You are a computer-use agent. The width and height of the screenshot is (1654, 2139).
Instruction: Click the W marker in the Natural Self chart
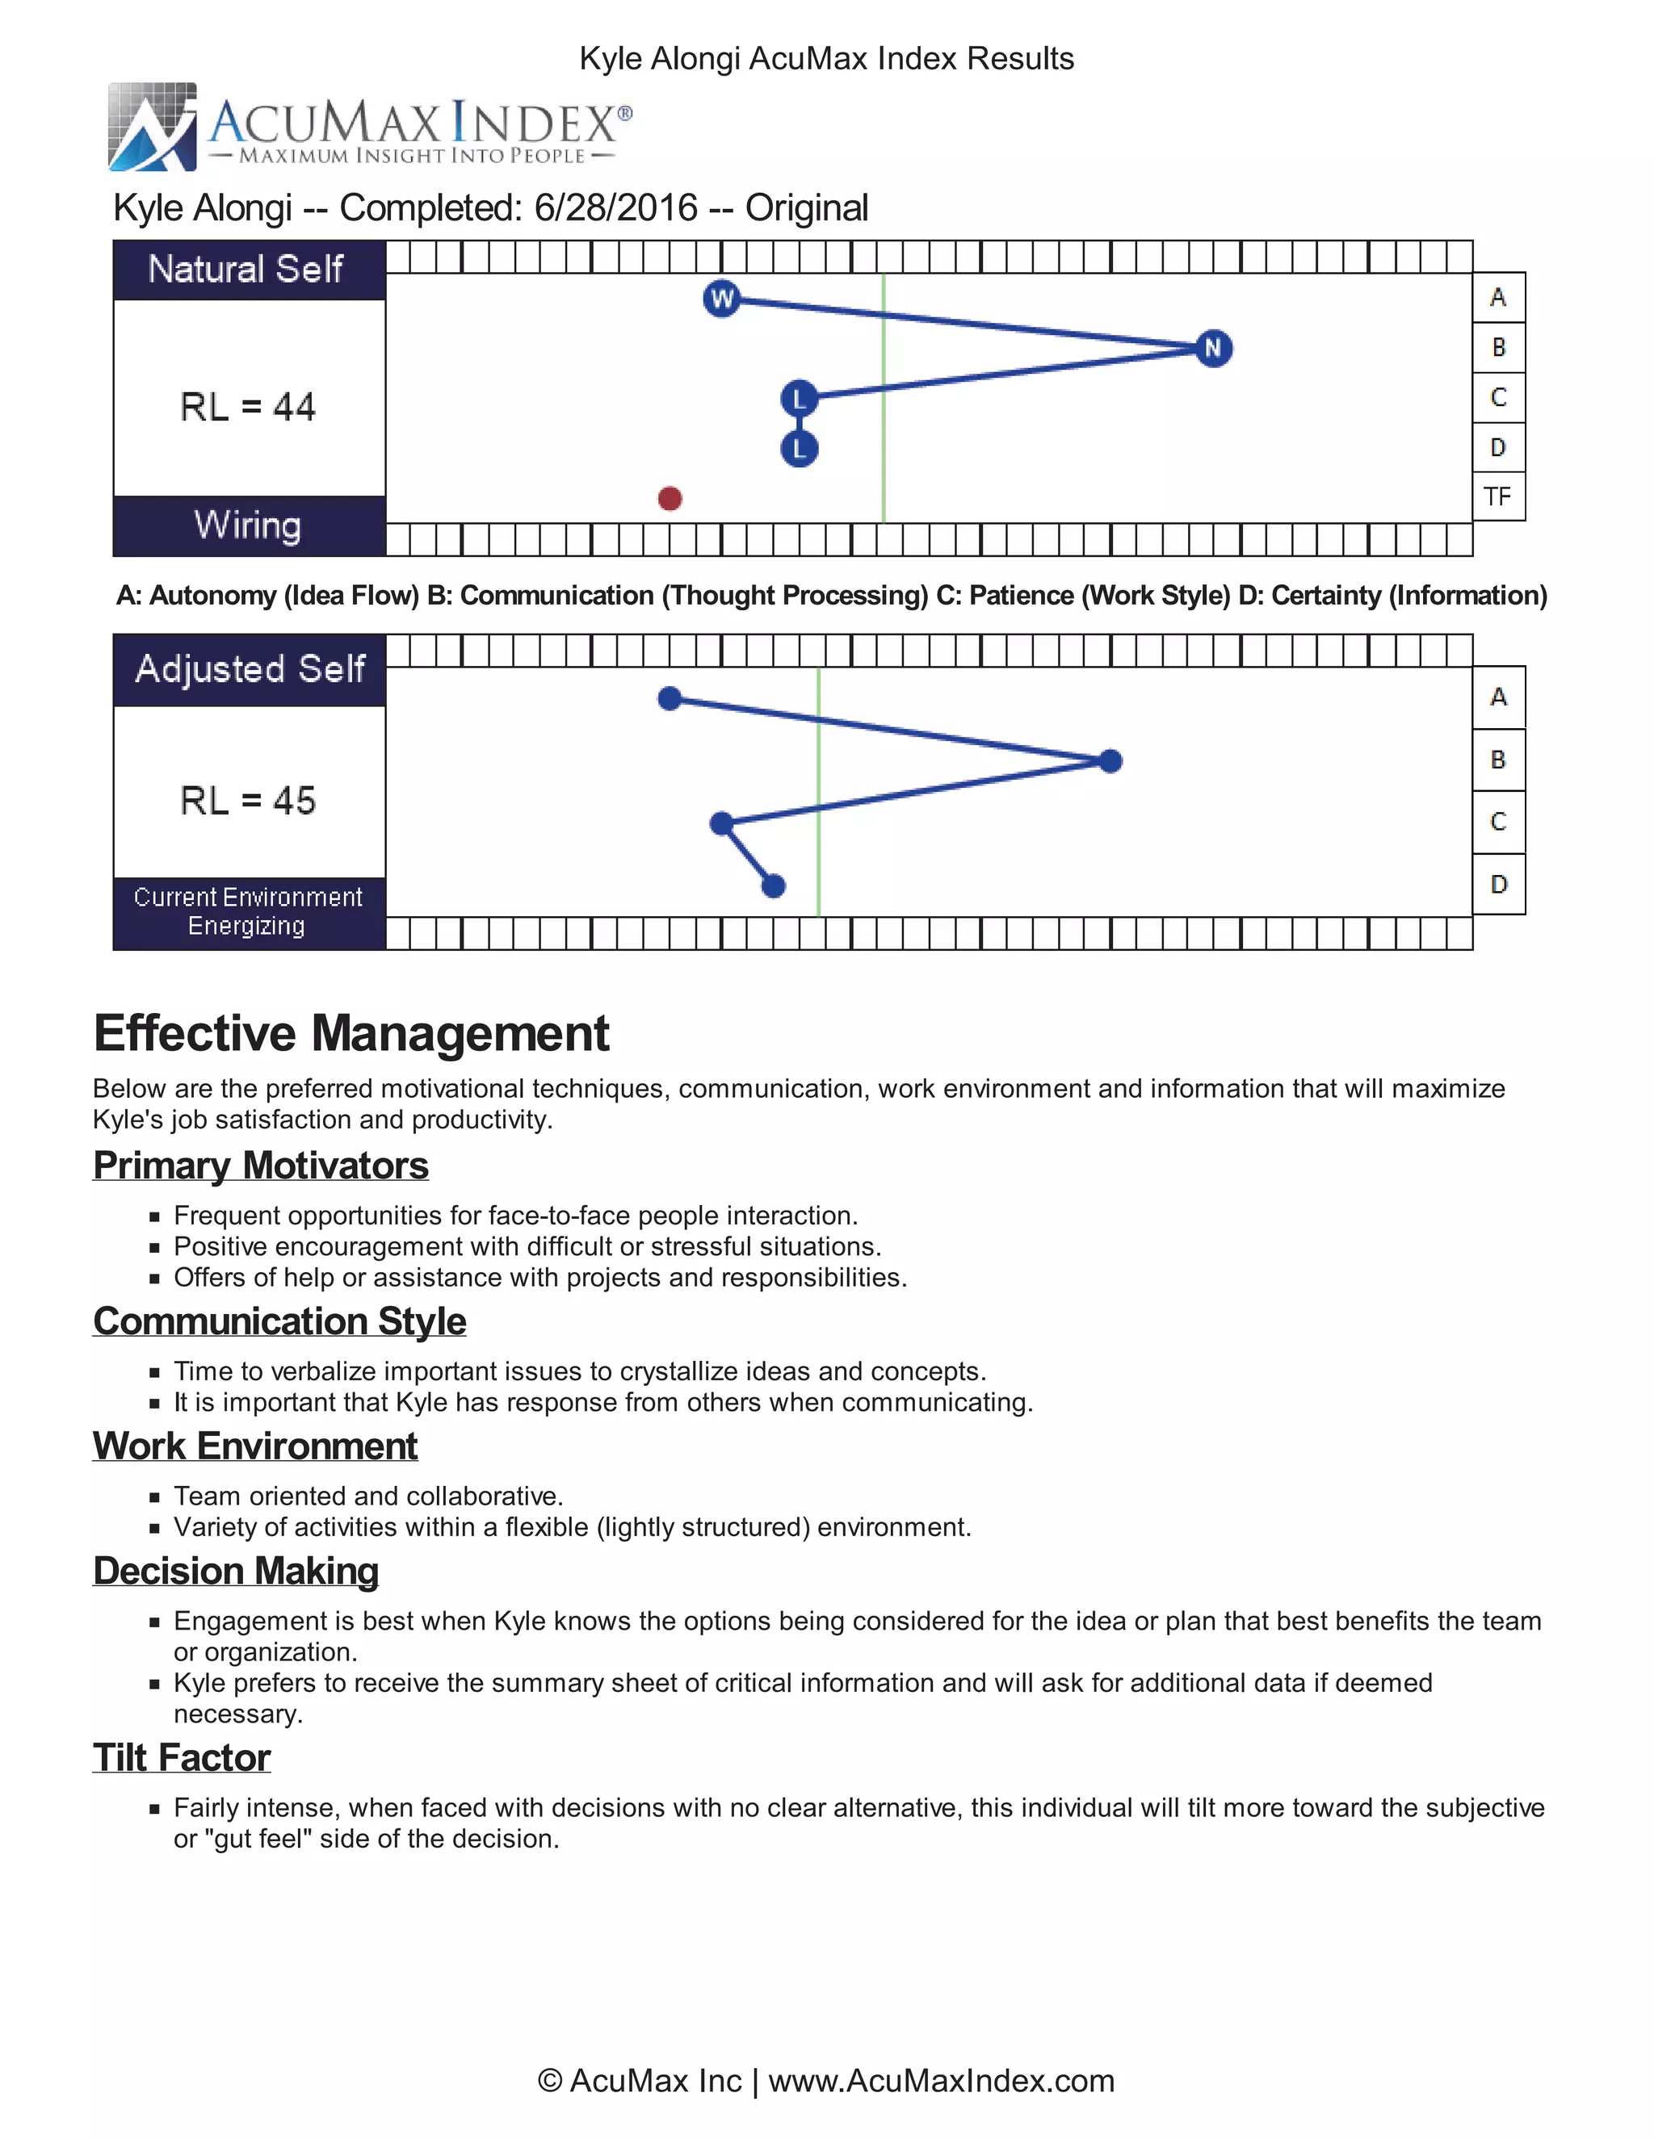click(x=721, y=299)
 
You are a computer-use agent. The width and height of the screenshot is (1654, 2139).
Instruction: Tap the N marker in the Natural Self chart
click(x=1213, y=348)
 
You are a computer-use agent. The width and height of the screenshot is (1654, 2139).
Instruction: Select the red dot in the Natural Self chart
click(x=670, y=499)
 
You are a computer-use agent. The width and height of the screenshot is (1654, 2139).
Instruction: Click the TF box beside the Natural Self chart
click(x=1498, y=496)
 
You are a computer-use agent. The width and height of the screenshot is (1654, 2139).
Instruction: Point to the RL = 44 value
click(x=248, y=407)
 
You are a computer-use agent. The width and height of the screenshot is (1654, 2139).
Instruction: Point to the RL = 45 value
click(x=248, y=800)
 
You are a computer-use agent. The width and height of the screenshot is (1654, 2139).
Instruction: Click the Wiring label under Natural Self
click(x=248, y=525)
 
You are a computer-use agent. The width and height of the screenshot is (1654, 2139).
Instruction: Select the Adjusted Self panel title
click(x=250, y=669)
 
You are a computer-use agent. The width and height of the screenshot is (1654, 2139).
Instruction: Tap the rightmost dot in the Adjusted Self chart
click(x=1110, y=761)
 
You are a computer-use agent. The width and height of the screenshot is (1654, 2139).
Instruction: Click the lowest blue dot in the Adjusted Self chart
click(x=773, y=886)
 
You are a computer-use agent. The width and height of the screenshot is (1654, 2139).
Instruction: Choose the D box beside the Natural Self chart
click(x=1498, y=448)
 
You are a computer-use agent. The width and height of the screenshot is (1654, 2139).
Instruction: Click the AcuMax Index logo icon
click(x=153, y=128)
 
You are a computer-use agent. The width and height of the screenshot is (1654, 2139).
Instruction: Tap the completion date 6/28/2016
click(x=615, y=207)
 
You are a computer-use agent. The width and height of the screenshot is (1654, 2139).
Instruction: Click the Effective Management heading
click(x=351, y=1033)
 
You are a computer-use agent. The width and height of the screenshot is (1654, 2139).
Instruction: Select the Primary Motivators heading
click(x=261, y=1166)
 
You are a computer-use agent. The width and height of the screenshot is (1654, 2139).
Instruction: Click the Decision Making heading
click(x=235, y=1571)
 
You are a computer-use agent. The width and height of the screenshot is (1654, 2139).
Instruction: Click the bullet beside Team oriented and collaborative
click(x=155, y=1497)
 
